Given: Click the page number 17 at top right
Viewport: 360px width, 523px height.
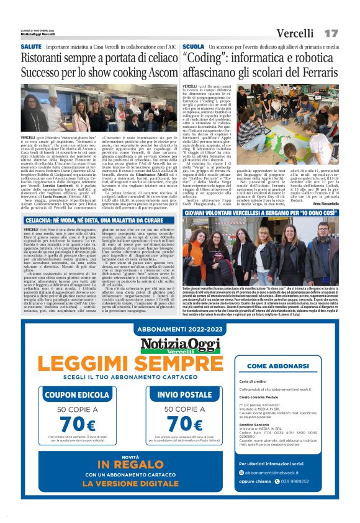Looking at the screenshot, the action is tap(331, 32).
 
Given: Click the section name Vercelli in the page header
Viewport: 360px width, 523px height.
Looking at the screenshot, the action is tap(295, 32).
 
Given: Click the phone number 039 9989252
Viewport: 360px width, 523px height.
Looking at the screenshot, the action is tap(286, 480).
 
